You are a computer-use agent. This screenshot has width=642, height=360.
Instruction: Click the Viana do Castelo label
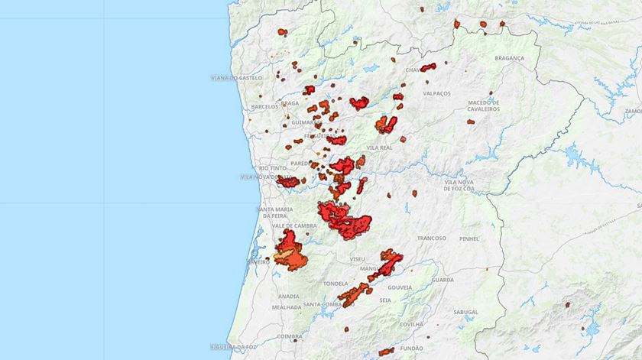[x=236, y=78]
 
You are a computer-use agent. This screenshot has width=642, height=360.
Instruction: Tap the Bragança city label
[x=510, y=58]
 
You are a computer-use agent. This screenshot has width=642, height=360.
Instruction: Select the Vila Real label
[x=380, y=147]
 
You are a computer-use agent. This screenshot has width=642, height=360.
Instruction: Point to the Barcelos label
[x=264, y=107]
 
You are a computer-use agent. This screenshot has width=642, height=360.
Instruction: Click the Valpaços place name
[x=437, y=93]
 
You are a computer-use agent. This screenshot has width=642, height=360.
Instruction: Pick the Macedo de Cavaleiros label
[x=483, y=105]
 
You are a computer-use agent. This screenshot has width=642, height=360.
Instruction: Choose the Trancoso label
[x=432, y=238]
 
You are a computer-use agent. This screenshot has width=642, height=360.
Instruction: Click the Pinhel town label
[x=469, y=238]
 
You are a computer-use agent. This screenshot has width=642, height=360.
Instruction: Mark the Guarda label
[x=443, y=280]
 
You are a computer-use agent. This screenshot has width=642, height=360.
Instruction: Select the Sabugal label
[x=465, y=312]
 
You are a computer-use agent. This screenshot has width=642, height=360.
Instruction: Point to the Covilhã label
[x=411, y=323]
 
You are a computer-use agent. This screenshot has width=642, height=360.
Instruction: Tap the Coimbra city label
[x=290, y=336]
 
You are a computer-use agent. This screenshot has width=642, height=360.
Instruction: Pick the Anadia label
[x=289, y=296]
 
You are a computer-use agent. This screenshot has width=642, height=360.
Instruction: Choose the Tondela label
[x=336, y=283]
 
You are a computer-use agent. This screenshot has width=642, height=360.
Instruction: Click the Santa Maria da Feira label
[x=274, y=212]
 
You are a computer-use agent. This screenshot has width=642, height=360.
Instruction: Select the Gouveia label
[x=400, y=288]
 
